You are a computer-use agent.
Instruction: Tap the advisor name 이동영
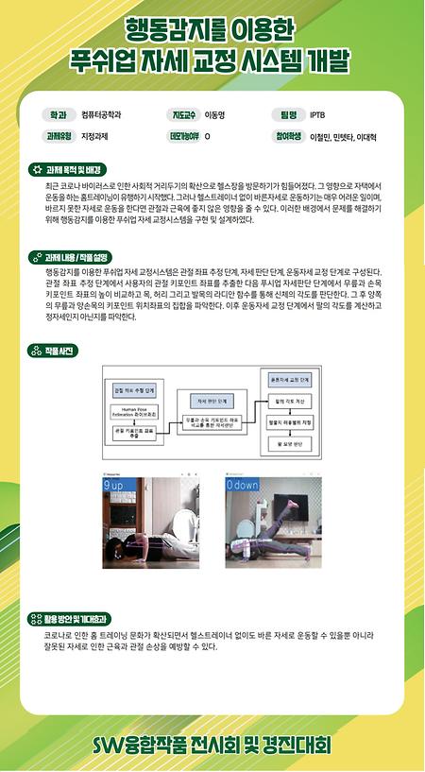215,115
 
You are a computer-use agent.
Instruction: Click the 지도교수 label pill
182,115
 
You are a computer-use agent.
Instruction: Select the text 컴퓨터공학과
102,115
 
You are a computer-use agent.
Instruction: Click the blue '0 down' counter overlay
244,485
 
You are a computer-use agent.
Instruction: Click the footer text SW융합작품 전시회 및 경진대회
212,746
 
